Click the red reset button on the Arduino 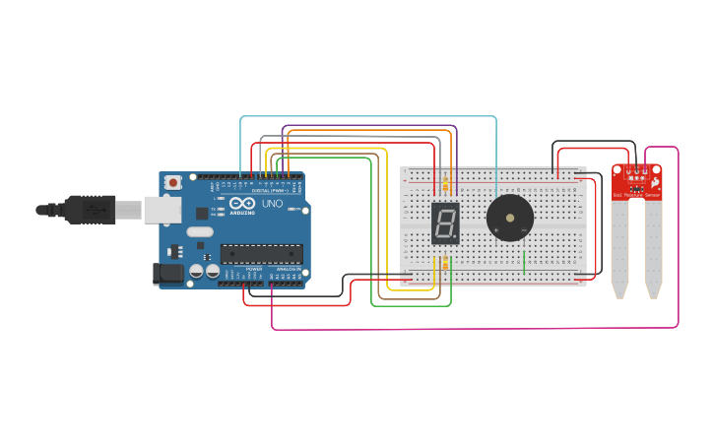(x=173, y=182)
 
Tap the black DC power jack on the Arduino (x=168, y=273)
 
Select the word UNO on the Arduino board (x=272, y=204)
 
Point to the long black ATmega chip (x=261, y=253)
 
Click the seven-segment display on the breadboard (x=445, y=224)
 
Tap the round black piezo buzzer (x=510, y=217)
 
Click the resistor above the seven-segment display (x=445, y=184)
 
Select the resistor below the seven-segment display (x=445, y=263)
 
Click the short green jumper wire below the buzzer (x=524, y=262)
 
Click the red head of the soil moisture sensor (x=637, y=181)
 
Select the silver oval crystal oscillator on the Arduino (x=199, y=233)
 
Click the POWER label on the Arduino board (x=254, y=268)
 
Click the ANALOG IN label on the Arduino (x=288, y=268)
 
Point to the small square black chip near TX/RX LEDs (x=202, y=213)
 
